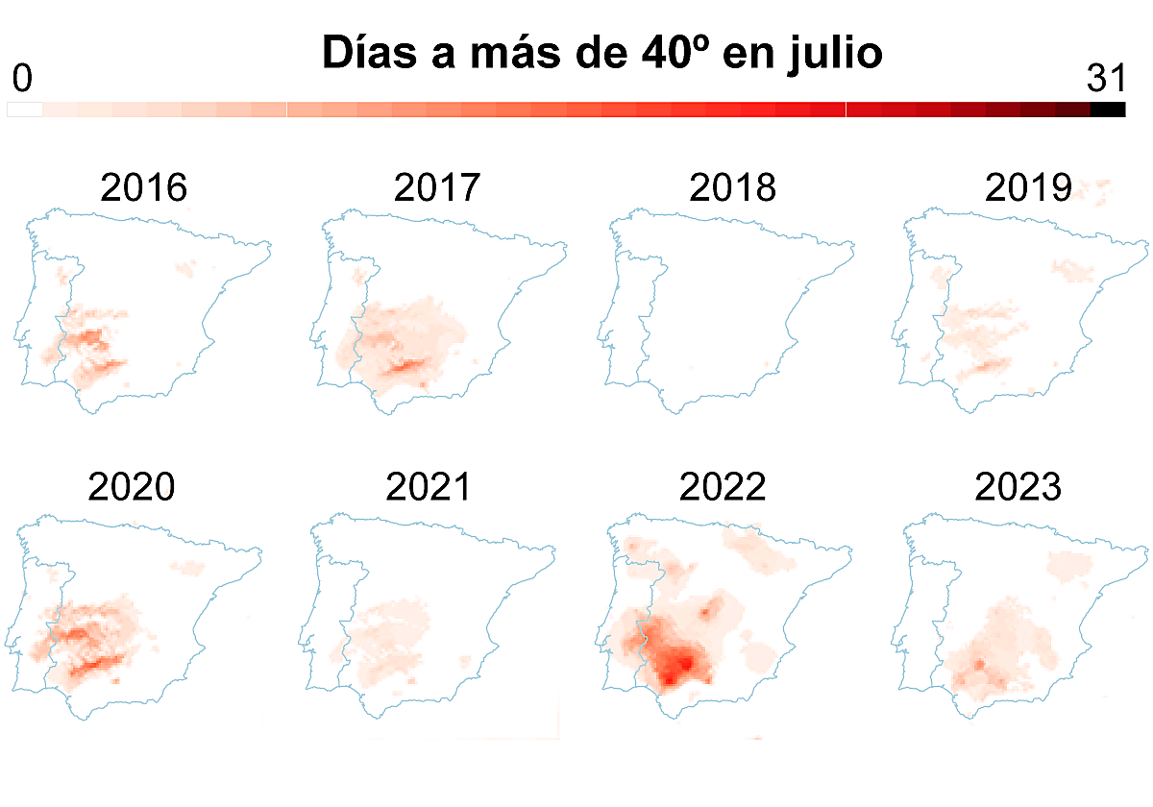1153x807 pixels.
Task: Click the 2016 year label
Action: tap(144, 188)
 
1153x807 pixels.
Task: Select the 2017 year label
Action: tap(437, 188)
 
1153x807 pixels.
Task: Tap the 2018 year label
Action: tap(732, 188)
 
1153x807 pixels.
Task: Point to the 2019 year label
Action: tap(1028, 188)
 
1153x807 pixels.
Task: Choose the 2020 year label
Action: tap(132, 488)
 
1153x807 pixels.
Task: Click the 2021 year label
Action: tap(429, 488)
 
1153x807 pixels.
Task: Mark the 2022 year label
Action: tap(723, 488)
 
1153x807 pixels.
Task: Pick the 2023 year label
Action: tap(1018, 488)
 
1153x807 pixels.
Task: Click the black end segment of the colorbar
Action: tap(1108, 110)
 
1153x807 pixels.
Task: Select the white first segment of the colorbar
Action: tap(25, 110)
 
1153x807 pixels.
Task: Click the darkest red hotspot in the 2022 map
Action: tap(684, 663)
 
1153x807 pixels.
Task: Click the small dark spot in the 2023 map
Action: tap(979, 664)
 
